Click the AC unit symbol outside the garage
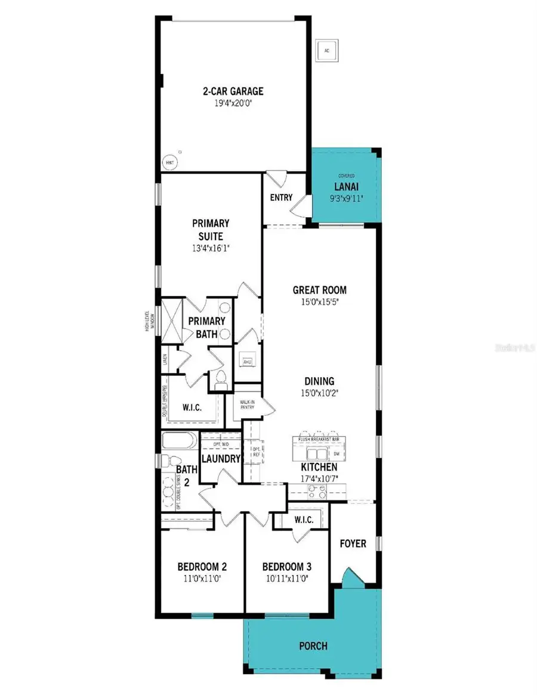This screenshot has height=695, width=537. tap(326, 51)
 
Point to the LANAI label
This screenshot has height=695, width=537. tap(345, 186)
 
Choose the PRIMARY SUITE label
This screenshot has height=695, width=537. tap(210, 228)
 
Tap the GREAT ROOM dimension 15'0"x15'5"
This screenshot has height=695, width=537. tap(319, 302)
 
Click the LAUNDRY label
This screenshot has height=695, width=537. tap(220, 459)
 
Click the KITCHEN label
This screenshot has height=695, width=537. tap(319, 467)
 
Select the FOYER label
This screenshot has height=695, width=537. tap(353, 543)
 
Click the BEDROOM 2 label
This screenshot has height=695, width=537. tap(202, 567)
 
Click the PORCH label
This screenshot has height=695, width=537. tap(313, 645)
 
